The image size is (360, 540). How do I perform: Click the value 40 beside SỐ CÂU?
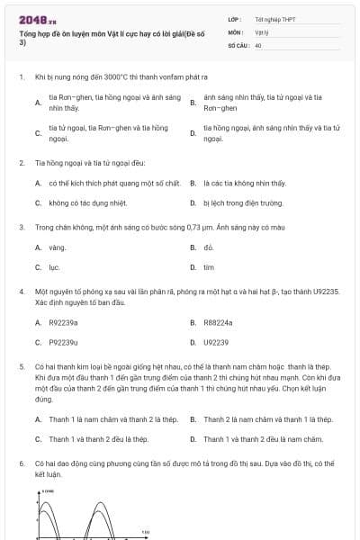(258, 43)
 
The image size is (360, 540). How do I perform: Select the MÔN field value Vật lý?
(261, 31)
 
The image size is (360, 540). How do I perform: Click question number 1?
(21, 77)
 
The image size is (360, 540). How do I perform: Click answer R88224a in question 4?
(218, 321)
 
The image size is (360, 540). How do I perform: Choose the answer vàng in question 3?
(58, 247)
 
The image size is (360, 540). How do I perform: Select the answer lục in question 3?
(54, 267)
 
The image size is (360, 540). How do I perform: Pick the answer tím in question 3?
(209, 267)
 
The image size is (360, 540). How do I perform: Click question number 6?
(21, 463)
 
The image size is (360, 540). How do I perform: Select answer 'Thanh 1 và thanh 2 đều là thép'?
(98, 439)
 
